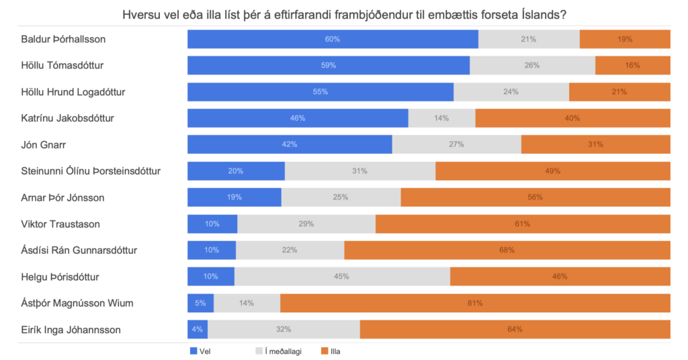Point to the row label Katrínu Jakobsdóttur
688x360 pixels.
67,118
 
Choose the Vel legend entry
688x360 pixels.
204,350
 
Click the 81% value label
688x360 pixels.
475,303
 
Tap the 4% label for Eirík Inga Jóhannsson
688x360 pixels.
198,329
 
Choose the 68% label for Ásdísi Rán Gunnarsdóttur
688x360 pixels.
507,250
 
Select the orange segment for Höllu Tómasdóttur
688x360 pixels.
632,65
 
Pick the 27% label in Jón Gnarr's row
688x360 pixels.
456,144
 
